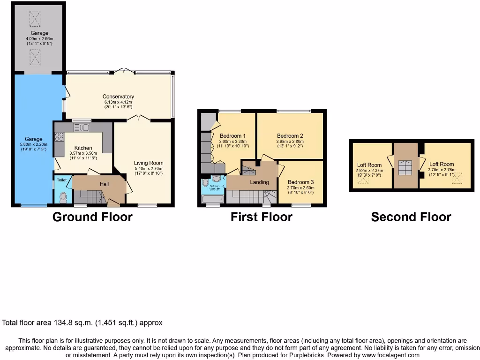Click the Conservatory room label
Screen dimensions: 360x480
118,97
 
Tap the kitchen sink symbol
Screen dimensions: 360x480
81,127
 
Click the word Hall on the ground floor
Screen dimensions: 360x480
104,184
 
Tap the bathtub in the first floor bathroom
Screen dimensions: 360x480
213,199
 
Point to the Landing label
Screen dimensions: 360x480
259,182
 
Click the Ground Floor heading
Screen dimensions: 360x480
92,217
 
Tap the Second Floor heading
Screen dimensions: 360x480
411,217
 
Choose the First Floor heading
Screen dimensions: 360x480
261,217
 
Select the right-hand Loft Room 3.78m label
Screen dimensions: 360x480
442,165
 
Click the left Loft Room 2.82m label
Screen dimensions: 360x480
369,165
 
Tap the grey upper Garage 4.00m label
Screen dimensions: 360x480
37,33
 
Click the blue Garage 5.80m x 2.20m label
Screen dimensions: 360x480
34,139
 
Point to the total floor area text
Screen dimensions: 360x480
82,322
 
